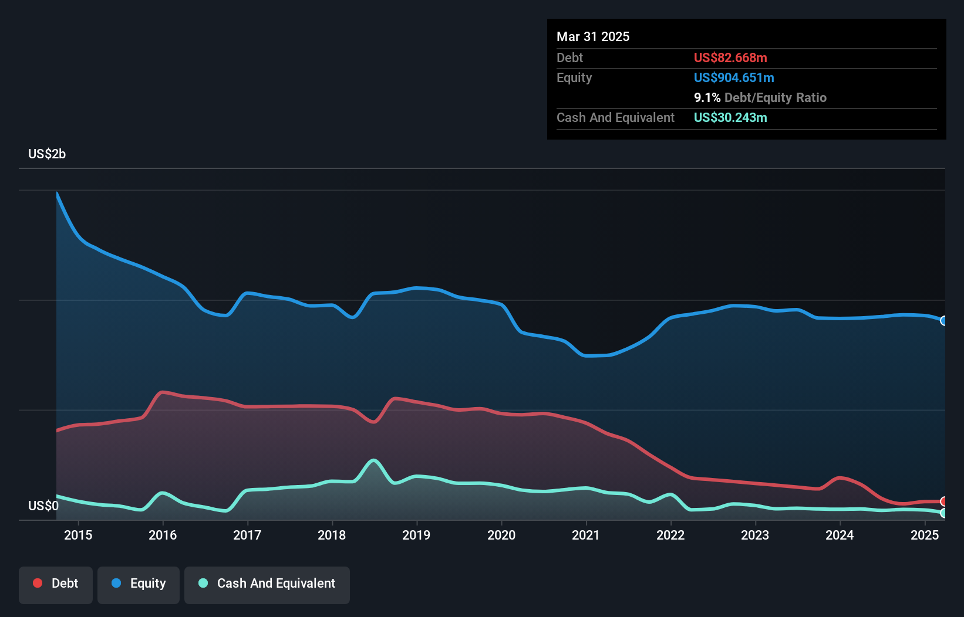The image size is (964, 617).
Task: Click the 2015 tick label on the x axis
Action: (x=78, y=535)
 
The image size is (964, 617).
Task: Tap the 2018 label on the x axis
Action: (x=332, y=535)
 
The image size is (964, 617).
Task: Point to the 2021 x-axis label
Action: (x=586, y=535)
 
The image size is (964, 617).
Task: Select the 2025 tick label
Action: (x=925, y=535)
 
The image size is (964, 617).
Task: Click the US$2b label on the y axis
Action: (x=47, y=154)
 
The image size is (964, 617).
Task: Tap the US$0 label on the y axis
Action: (x=43, y=506)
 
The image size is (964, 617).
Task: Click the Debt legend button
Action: (x=56, y=584)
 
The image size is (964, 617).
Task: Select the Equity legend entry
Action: (x=139, y=584)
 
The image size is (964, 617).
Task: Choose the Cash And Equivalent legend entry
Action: (x=267, y=584)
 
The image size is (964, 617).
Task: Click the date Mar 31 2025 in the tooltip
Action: (x=593, y=36)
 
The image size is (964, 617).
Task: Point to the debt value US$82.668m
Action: (x=730, y=57)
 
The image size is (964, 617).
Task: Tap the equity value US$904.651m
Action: (x=734, y=77)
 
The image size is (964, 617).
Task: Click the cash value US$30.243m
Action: (x=730, y=117)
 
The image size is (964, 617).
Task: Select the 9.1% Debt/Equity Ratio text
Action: (x=760, y=97)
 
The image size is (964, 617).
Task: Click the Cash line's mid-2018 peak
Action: (x=373, y=460)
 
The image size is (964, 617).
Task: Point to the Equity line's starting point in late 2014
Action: (x=57, y=193)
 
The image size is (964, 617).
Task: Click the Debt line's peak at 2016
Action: (x=163, y=392)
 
